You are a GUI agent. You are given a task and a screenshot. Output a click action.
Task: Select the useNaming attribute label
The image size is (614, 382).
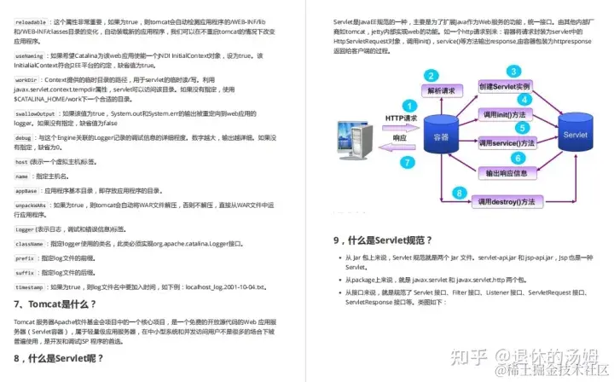31,56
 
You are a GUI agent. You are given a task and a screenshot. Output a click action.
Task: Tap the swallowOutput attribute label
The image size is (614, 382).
35,113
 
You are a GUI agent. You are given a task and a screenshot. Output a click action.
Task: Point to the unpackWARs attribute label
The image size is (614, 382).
31,205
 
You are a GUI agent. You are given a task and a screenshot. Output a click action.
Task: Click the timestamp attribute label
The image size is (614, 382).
30,286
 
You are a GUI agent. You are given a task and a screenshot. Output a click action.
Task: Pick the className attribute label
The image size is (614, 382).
30,244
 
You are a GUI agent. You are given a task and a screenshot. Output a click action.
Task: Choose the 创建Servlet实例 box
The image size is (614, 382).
505,87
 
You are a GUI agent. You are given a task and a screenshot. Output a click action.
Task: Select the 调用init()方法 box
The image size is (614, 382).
504,114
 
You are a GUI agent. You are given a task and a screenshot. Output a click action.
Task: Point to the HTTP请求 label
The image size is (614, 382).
401,119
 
